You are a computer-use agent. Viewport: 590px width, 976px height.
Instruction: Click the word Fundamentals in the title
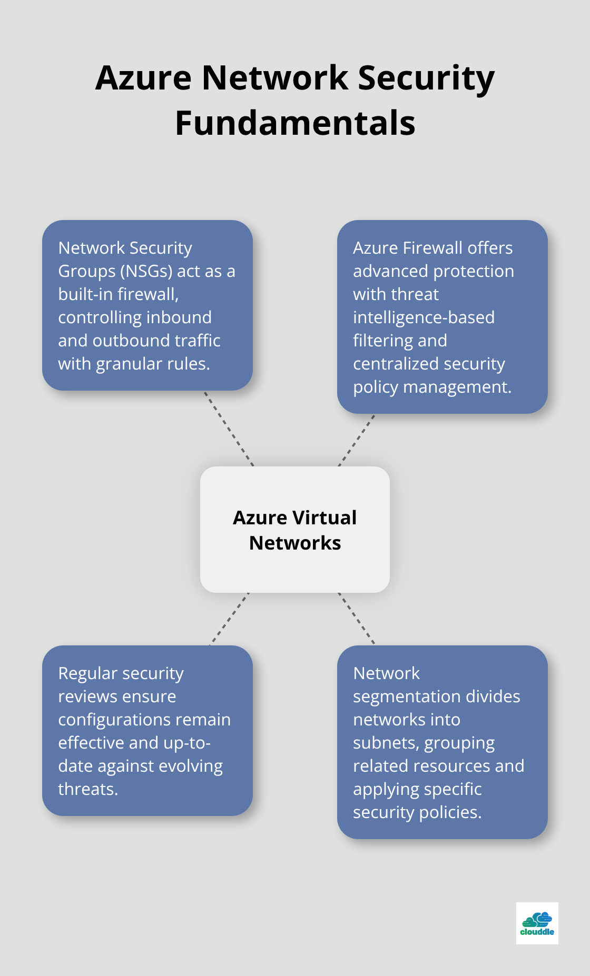[x=295, y=123]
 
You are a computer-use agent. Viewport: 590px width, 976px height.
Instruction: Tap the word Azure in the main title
[x=143, y=78]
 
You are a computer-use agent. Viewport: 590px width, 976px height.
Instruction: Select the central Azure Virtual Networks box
[x=295, y=530]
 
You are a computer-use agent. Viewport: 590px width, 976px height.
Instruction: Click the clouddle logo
[x=537, y=923]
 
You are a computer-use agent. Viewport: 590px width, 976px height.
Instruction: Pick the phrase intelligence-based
[x=424, y=317]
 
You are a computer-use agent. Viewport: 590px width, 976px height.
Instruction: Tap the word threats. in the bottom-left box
[x=88, y=789]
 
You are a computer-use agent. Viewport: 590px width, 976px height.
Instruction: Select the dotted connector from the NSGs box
[x=229, y=429]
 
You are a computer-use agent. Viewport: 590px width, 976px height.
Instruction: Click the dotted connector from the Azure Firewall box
[x=357, y=440]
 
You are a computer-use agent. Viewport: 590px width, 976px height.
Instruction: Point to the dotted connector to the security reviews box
[x=230, y=619]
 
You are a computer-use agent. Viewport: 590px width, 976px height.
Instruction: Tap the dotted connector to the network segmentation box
[x=357, y=619]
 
